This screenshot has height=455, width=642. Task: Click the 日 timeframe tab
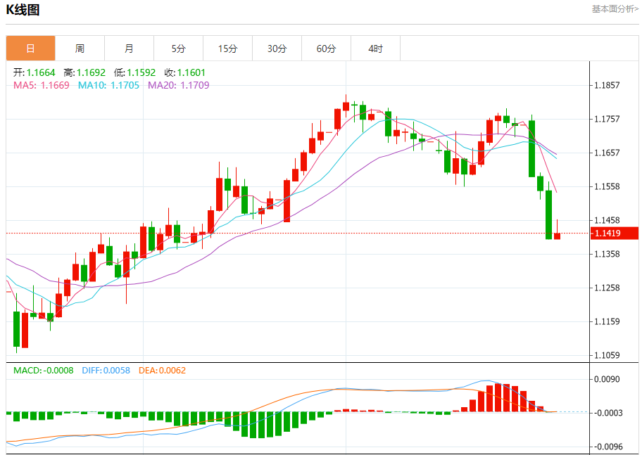pos(30,49)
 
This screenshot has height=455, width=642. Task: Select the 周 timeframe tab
pos(80,49)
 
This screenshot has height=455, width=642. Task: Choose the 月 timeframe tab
pos(129,49)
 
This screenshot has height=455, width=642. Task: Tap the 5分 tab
pos(178,49)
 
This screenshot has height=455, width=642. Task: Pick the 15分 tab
pos(227,49)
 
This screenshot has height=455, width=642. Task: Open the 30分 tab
pos(277,49)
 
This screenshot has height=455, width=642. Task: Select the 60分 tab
pos(326,49)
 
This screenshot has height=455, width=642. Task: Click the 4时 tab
pos(375,49)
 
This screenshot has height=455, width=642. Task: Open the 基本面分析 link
pos(615,9)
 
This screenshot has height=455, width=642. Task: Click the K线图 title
pos(23,10)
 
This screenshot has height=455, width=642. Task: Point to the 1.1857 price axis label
pos(607,85)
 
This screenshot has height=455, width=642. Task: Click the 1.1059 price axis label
pos(607,355)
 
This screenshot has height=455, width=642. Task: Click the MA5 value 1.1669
pos(55,85)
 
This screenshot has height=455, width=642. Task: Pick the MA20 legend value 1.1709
pos(195,85)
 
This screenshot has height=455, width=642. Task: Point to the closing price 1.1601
pos(191,72)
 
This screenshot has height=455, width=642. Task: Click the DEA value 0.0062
pos(172,370)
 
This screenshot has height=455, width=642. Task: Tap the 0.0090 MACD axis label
pos(607,379)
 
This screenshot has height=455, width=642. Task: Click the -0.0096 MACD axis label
pos(607,447)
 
